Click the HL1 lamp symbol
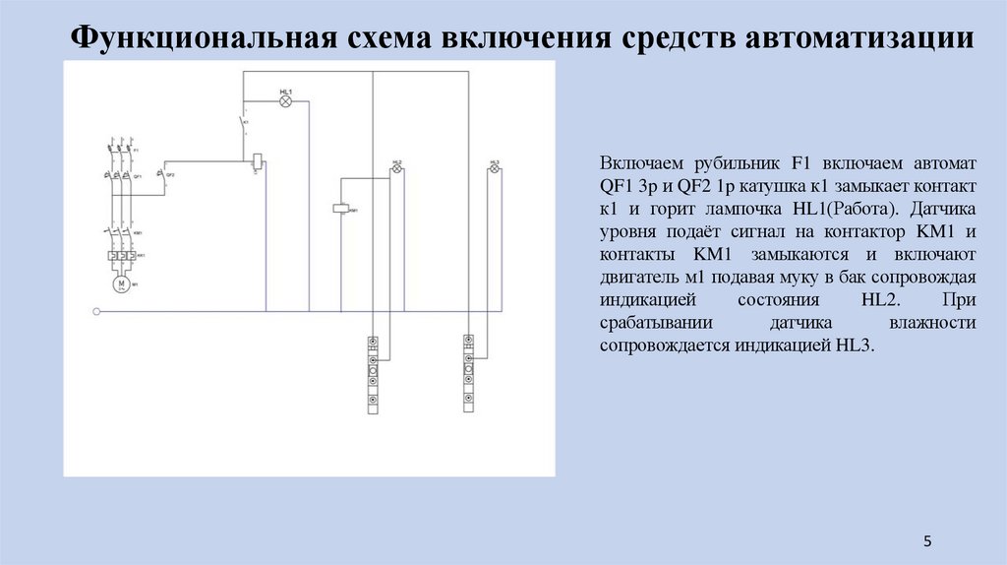tap(286, 100)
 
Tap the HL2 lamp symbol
tap(397, 169)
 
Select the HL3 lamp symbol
tap(494, 169)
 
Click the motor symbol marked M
tap(122, 283)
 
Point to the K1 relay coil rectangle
tap(257, 158)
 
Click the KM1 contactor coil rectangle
tap(340, 209)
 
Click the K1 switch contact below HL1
tap(242, 125)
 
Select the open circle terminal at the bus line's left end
tap(95, 313)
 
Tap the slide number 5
tap(926, 540)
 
